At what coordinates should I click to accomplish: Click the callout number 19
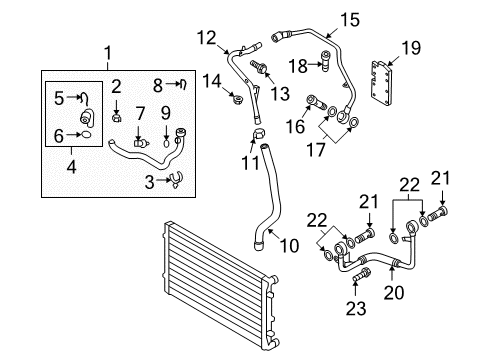(x=411, y=48)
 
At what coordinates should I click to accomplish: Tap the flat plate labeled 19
(x=382, y=82)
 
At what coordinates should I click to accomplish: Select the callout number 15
(x=350, y=20)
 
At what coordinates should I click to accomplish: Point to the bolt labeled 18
(x=326, y=60)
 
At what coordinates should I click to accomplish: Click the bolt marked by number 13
(x=258, y=66)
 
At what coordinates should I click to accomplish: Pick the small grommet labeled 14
(x=237, y=98)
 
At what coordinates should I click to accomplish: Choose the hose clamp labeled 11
(x=259, y=134)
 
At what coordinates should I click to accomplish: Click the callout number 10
(x=289, y=246)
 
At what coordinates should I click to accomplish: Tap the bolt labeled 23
(x=360, y=274)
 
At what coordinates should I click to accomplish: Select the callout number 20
(x=394, y=293)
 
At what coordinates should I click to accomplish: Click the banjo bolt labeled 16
(x=315, y=103)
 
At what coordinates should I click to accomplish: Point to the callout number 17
(x=315, y=149)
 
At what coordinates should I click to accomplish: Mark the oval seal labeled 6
(x=86, y=135)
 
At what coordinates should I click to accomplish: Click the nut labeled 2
(x=116, y=117)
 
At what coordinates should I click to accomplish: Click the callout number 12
(x=207, y=38)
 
